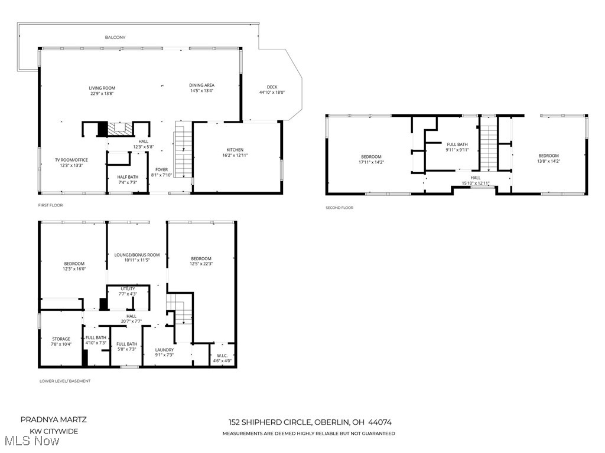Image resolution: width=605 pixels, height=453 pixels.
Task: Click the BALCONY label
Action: pos(115,37)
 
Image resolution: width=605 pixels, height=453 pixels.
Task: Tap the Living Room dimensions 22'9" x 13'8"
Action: pos(102,94)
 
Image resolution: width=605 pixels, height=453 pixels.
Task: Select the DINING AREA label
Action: pos(201,85)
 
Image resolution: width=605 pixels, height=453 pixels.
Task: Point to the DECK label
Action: pos(272,87)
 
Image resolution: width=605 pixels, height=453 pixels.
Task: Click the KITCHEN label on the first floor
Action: pos(235,150)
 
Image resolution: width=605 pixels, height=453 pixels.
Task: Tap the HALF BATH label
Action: pos(128,177)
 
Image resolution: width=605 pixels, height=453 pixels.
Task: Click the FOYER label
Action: pos(161,169)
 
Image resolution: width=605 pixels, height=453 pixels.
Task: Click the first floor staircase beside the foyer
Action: pos(184,153)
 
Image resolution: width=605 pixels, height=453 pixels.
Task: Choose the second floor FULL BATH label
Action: pos(457,144)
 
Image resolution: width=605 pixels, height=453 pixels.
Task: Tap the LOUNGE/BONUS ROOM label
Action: pos(137,254)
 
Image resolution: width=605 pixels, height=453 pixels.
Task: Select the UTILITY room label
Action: pos(128,288)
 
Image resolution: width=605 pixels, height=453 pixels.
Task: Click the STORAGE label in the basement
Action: pos(61,339)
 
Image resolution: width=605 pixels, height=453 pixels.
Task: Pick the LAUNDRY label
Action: pos(164,349)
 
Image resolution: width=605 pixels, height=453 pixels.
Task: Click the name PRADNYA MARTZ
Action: pos(54,419)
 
